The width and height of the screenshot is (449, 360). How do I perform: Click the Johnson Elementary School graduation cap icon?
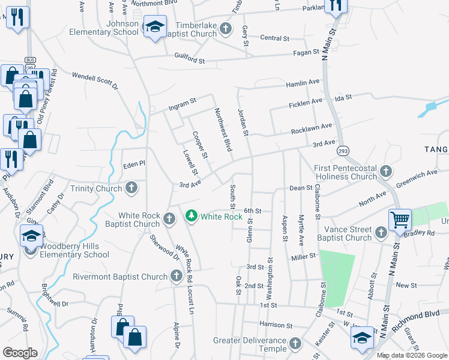tap(155, 28)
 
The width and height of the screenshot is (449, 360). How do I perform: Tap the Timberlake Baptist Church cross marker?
tap(226, 28)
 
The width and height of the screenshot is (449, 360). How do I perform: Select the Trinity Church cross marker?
tap(131, 188)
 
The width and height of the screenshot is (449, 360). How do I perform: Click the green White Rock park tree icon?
tap(191, 215)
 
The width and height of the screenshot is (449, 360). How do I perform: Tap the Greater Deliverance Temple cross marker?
tap(295, 344)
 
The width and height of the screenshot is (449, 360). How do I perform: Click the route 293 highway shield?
tap(343, 150)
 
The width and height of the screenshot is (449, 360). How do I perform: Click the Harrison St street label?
tap(276, 325)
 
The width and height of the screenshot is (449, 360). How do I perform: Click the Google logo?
tap(19, 353)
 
